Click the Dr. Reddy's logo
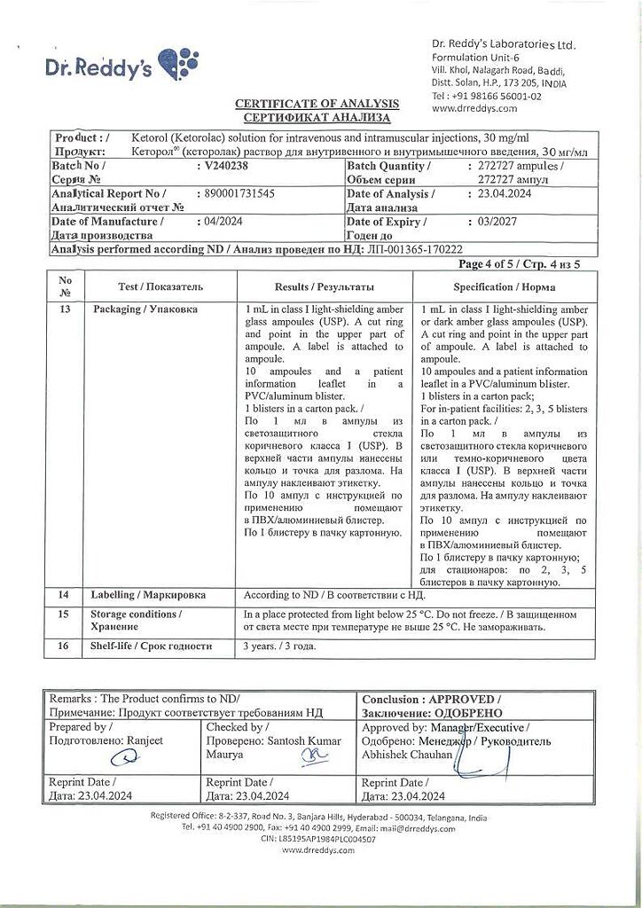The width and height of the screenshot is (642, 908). [122, 66]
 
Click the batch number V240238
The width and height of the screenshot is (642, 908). [222, 166]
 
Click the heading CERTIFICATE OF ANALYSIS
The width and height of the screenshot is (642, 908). [317, 104]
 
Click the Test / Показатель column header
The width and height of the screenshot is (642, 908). [160, 287]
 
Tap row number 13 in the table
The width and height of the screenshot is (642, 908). [64, 309]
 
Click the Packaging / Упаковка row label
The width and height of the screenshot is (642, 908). [145, 309]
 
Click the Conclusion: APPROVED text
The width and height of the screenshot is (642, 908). [431, 699]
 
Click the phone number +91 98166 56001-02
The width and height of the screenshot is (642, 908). [487, 96]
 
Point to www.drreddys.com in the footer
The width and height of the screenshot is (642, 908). [318, 849]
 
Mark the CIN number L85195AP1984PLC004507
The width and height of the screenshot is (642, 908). [318, 838]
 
